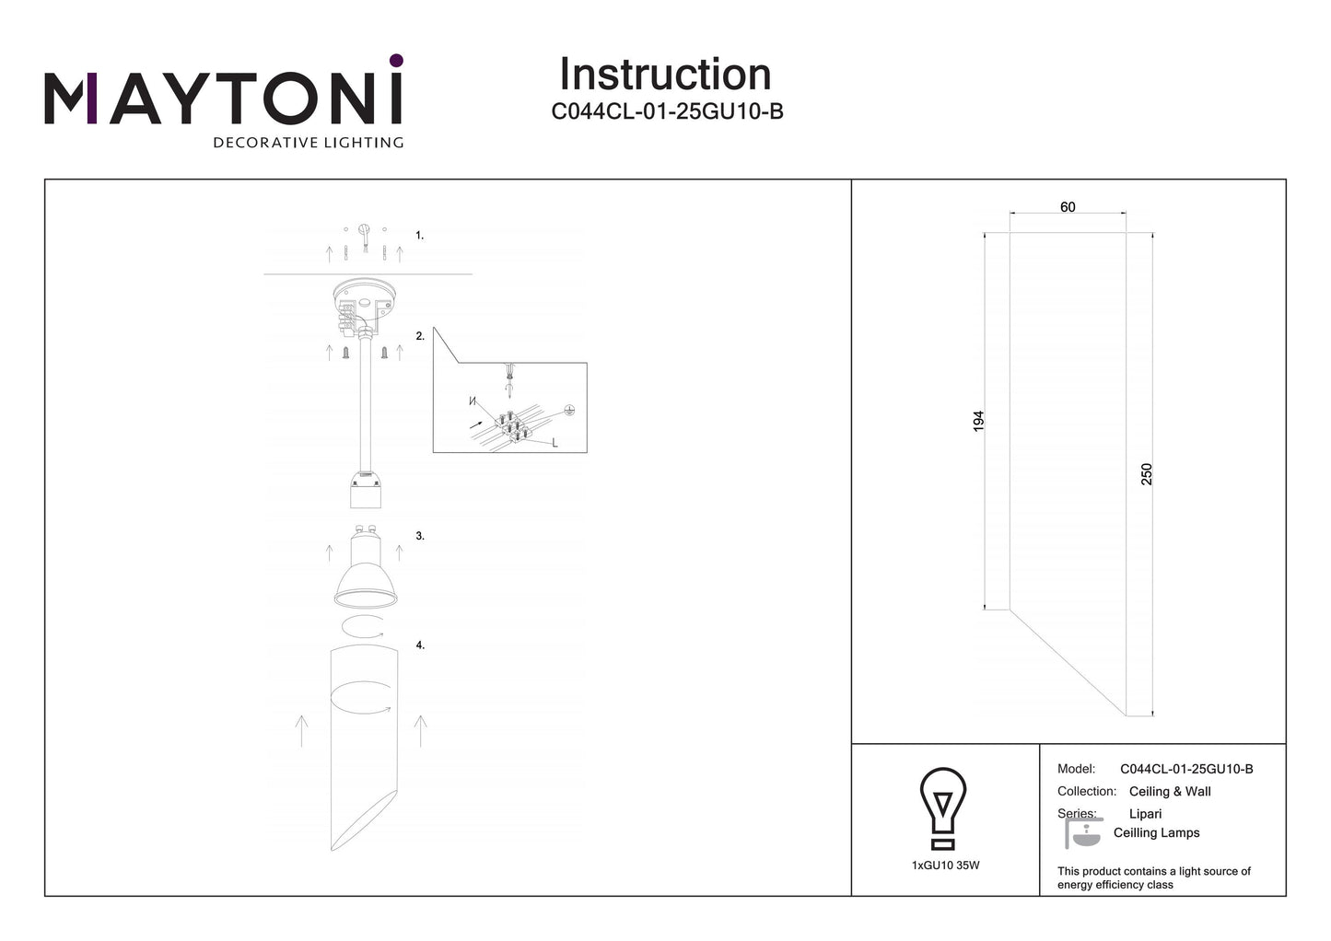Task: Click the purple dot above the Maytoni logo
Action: [396, 60]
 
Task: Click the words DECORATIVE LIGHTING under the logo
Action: [309, 143]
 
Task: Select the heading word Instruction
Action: [665, 75]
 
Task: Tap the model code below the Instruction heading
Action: [667, 111]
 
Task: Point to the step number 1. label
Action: [419, 236]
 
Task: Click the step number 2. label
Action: [420, 336]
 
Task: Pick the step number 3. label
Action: [420, 536]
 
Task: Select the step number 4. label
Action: [420, 645]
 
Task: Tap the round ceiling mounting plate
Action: [364, 299]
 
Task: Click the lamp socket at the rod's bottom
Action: [366, 490]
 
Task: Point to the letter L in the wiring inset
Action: [555, 443]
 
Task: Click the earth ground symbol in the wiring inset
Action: [569, 410]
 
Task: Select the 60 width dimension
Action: [1068, 207]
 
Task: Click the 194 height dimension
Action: [978, 421]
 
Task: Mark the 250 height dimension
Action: [1146, 474]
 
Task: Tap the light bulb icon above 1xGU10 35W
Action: [943, 808]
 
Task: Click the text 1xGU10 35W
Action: [945, 865]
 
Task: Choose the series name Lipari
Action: [1145, 814]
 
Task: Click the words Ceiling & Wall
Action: [1170, 791]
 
